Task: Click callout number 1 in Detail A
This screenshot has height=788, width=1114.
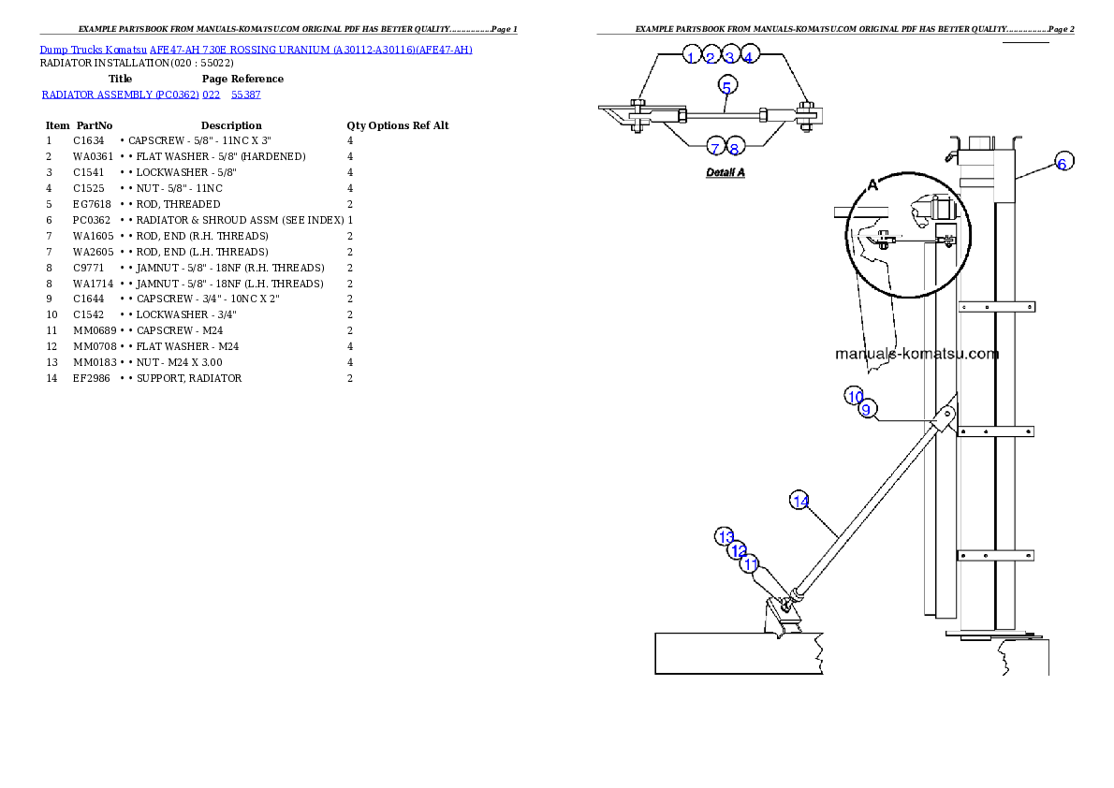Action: [691, 57]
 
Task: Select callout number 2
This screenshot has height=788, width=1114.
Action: [711, 57]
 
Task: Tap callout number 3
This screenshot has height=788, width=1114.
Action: [730, 57]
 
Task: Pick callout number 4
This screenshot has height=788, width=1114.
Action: [749, 57]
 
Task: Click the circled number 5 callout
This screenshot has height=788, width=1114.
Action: [727, 85]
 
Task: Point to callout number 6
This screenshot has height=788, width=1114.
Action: [1062, 163]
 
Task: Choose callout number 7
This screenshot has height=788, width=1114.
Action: [715, 148]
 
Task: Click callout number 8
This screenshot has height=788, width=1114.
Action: [735, 148]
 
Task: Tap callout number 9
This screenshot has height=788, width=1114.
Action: [867, 409]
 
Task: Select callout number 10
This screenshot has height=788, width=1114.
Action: [855, 395]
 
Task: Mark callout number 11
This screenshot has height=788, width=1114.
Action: [750, 564]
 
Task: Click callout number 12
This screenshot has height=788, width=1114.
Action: [738, 550]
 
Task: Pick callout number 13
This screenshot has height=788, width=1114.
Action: [726, 536]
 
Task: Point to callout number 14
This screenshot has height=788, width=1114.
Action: [800, 501]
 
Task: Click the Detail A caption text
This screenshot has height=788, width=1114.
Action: [726, 173]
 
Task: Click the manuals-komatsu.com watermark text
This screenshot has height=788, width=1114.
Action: [916, 354]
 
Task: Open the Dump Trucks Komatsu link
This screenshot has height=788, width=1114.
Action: [256, 50]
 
